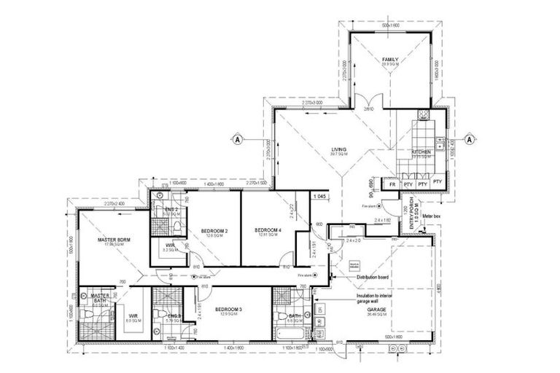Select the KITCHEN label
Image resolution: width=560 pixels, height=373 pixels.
point(421,152)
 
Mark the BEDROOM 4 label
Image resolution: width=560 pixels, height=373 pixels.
point(268,231)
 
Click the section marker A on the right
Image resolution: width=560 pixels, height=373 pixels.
point(470,138)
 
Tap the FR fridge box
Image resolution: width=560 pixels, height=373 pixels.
point(392,184)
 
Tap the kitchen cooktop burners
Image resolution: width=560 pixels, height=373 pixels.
point(422,117)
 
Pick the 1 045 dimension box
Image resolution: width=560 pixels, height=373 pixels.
point(318,197)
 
